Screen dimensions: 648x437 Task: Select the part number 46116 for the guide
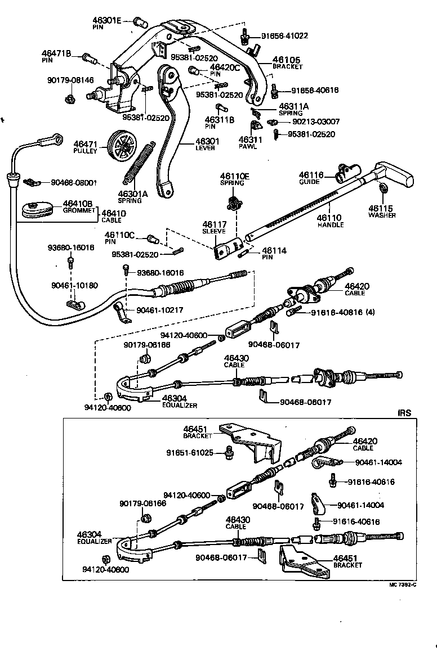pos(311,175)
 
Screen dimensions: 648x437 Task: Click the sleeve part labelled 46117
pos(228,248)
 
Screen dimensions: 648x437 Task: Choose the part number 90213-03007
pos(316,121)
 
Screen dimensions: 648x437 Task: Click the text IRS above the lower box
pos(404,412)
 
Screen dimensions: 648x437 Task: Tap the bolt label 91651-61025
pos(190,452)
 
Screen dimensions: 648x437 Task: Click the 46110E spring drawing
pos(232,202)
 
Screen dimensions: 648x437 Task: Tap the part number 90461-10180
pos(74,285)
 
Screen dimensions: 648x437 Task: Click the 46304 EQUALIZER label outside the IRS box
pos(177,400)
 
